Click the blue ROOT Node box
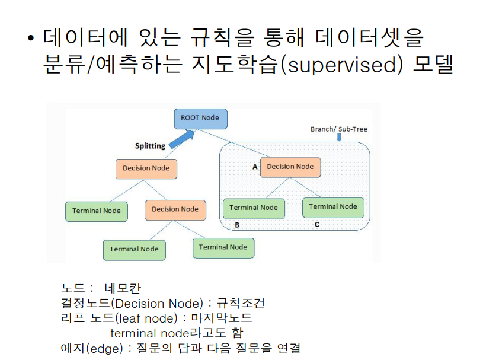tap(200, 118)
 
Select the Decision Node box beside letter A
tap(290, 167)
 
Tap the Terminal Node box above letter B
tap(253, 208)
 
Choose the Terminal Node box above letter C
tap(332, 206)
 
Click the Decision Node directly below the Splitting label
tap(146, 168)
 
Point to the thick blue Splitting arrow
tap(182, 140)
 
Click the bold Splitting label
tap(150, 146)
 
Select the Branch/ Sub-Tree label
tap(339, 129)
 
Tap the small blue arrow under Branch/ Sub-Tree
tap(339, 138)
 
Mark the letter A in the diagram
tap(255, 167)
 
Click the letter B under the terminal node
tap(237, 225)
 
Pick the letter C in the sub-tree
tap(317, 225)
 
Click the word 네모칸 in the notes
tap(122, 289)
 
